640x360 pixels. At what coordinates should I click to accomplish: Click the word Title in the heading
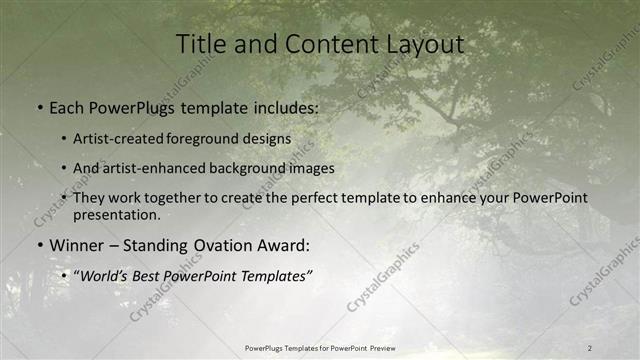(200, 45)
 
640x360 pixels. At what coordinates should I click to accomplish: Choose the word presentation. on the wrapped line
(115, 214)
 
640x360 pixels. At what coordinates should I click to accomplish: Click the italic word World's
(104, 275)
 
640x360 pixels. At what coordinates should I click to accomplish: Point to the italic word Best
(152, 275)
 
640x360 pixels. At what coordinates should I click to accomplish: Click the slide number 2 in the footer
(590, 347)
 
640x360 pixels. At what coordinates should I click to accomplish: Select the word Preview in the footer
(390, 347)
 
